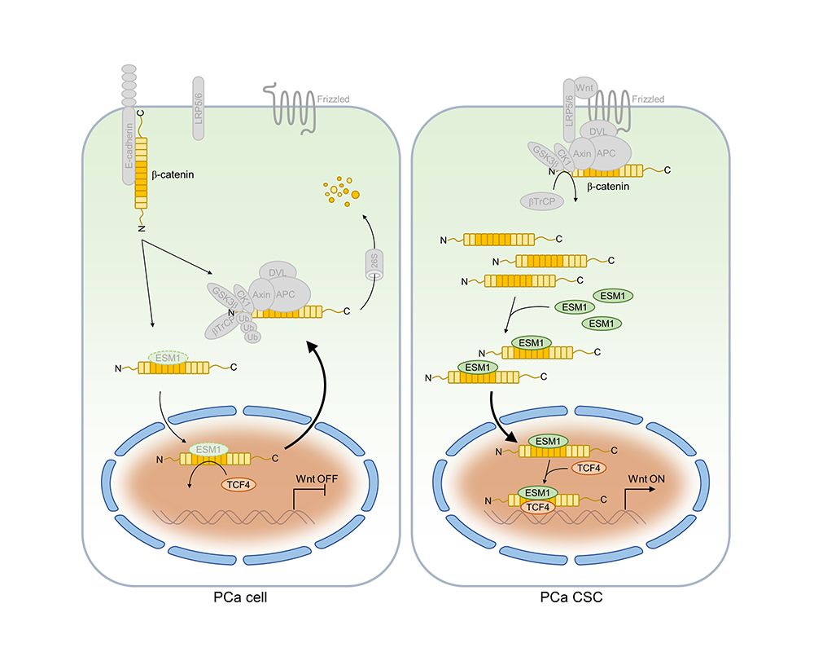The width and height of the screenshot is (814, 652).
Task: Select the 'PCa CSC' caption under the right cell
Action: click(x=571, y=598)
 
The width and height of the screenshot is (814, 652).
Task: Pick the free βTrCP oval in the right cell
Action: click(x=540, y=200)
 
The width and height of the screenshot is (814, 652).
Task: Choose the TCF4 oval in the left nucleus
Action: click(x=239, y=484)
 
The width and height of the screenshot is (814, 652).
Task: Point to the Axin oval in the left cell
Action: click(x=261, y=295)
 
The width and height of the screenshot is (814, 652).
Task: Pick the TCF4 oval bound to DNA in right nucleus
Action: click(x=536, y=506)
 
